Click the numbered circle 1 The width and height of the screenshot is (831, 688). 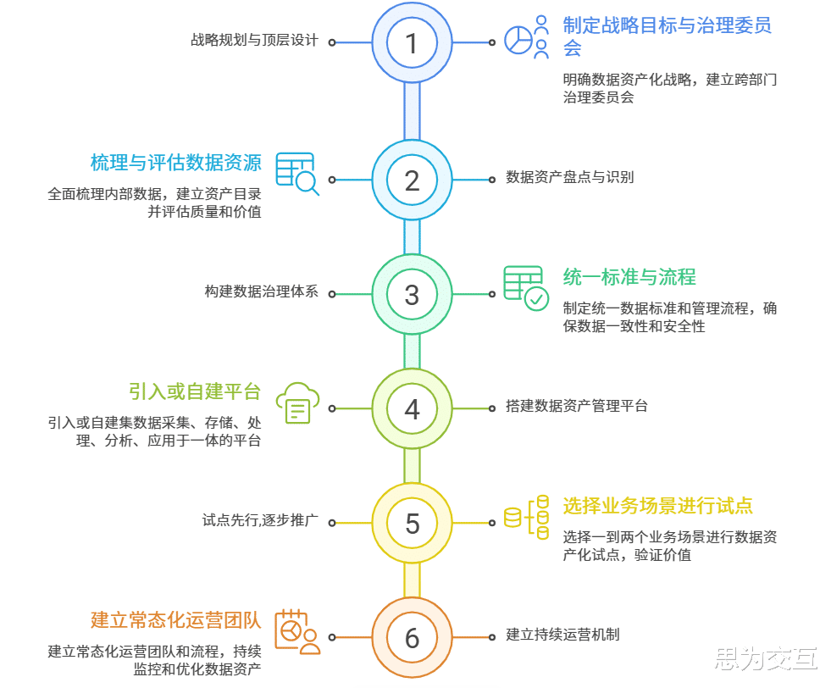coord(412,42)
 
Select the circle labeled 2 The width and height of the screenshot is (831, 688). coord(412,180)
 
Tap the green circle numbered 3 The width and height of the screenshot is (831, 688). coord(412,294)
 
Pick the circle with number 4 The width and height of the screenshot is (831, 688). coord(412,408)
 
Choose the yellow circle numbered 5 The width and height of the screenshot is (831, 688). coord(412,523)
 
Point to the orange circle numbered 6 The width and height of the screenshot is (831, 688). coord(412,637)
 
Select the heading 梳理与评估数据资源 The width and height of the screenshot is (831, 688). coord(175,162)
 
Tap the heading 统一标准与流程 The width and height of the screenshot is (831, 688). coord(629,276)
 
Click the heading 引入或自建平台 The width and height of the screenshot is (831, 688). coord(194,391)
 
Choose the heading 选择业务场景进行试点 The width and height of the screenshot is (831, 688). coord(657,506)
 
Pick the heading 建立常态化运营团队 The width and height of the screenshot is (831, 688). coord(175,619)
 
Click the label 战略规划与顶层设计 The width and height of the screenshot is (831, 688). coord(254,40)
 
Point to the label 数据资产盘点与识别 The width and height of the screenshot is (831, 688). coord(569,177)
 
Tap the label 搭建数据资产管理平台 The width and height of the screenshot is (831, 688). coord(576,406)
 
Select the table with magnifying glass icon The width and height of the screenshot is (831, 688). coord(296,174)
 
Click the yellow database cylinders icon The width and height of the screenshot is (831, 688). coord(527,517)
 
